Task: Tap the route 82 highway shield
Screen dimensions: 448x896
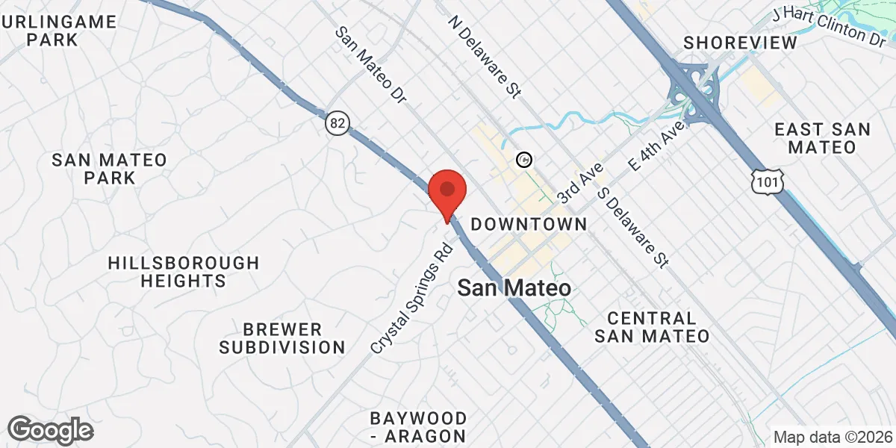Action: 337,124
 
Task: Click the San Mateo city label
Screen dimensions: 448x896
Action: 514,288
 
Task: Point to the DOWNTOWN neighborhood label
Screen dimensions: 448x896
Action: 529,224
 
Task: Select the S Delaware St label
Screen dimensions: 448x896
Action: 633,225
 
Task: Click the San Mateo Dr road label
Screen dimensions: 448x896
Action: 370,66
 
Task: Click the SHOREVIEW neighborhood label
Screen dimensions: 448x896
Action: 740,43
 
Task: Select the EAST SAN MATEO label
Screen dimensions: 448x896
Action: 822,138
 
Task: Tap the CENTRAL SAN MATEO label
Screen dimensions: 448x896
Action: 652,327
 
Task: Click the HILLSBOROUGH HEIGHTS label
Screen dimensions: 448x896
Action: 183,272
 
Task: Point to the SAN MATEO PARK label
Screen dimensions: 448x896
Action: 109,168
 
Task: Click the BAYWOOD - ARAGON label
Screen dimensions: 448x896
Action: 418,426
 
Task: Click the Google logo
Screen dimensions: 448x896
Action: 51,430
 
